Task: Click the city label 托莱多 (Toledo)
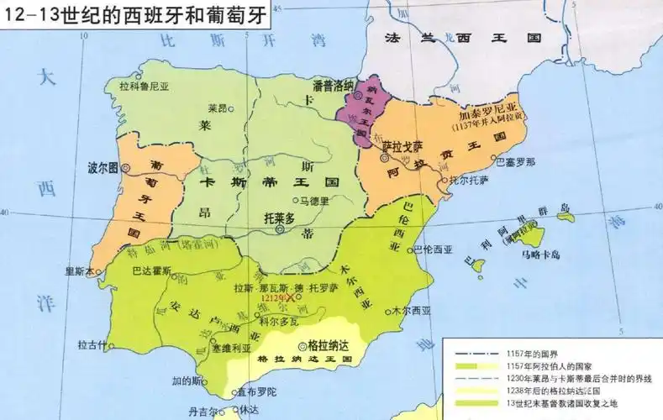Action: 280,217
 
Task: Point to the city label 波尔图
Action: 103,167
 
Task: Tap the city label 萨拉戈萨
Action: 399,145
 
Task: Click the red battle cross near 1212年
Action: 290,297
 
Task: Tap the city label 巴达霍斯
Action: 152,270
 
